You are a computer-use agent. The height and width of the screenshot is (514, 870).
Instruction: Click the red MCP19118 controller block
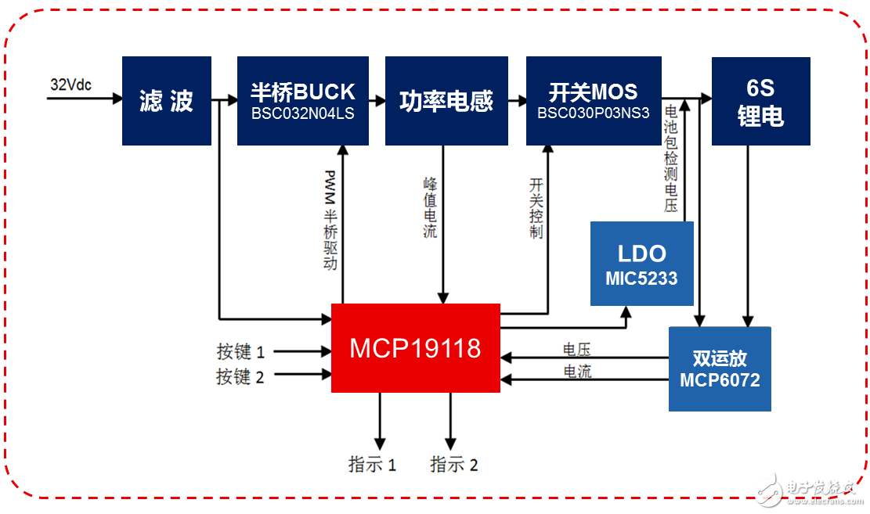click(x=416, y=348)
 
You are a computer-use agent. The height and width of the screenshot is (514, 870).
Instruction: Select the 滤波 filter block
click(x=167, y=101)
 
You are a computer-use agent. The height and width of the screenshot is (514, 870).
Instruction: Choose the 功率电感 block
click(x=446, y=101)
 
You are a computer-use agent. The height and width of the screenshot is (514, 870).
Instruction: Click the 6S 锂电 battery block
click(x=759, y=101)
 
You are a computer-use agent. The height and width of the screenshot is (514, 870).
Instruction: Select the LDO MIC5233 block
click(x=641, y=264)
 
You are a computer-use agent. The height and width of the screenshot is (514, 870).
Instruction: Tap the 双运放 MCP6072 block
click(x=719, y=368)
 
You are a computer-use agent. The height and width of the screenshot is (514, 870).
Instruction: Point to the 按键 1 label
click(x=240, y=353)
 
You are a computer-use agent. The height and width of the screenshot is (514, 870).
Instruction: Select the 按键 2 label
click(x=240, y=377)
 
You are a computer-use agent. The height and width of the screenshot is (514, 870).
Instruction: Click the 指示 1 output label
click(x=372, y=465)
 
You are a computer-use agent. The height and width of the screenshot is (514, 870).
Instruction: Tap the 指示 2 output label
click(x=454, y=465)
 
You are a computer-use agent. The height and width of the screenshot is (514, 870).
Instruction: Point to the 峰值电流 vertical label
click(x=430, y=207)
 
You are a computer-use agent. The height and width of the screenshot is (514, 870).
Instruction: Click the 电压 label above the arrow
click(x=577, y=350)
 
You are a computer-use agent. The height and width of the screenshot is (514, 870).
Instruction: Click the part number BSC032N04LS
click(x=302, y=113)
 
